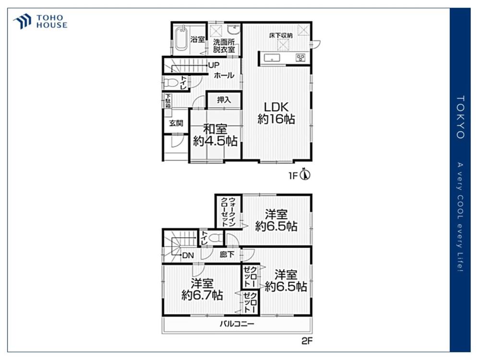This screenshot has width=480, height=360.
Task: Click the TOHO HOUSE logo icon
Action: (x=23, y=22)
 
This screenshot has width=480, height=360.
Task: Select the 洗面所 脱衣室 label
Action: (x=224, y=46)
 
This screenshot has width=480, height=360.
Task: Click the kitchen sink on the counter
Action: (x=272, y=58)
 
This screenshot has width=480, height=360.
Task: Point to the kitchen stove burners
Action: (x=300, y=58)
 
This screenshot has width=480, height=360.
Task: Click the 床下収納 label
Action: (x=281, y=36)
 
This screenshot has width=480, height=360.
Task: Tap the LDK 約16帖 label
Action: (x=276, y=113)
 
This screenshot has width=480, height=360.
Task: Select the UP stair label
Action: (x=214, y=65)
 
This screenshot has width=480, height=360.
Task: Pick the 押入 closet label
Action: (x=224, y=100)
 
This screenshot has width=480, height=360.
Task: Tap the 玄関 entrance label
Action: (x=176, y=123)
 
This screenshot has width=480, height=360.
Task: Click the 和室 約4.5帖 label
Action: (x=215, y=135)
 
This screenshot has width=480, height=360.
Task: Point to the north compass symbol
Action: (x=305, y=174)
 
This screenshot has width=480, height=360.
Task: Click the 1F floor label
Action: (x=293, y=176)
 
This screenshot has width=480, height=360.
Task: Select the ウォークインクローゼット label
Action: (x=228, y=212)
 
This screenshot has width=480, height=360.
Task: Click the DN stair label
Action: (x=188, y=255)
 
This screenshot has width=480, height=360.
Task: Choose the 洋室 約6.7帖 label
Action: (x=202, y=289)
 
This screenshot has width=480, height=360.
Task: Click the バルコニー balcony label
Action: (x=237, y=324)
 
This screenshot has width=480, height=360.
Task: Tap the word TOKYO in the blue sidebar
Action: (x=460, y=117)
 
